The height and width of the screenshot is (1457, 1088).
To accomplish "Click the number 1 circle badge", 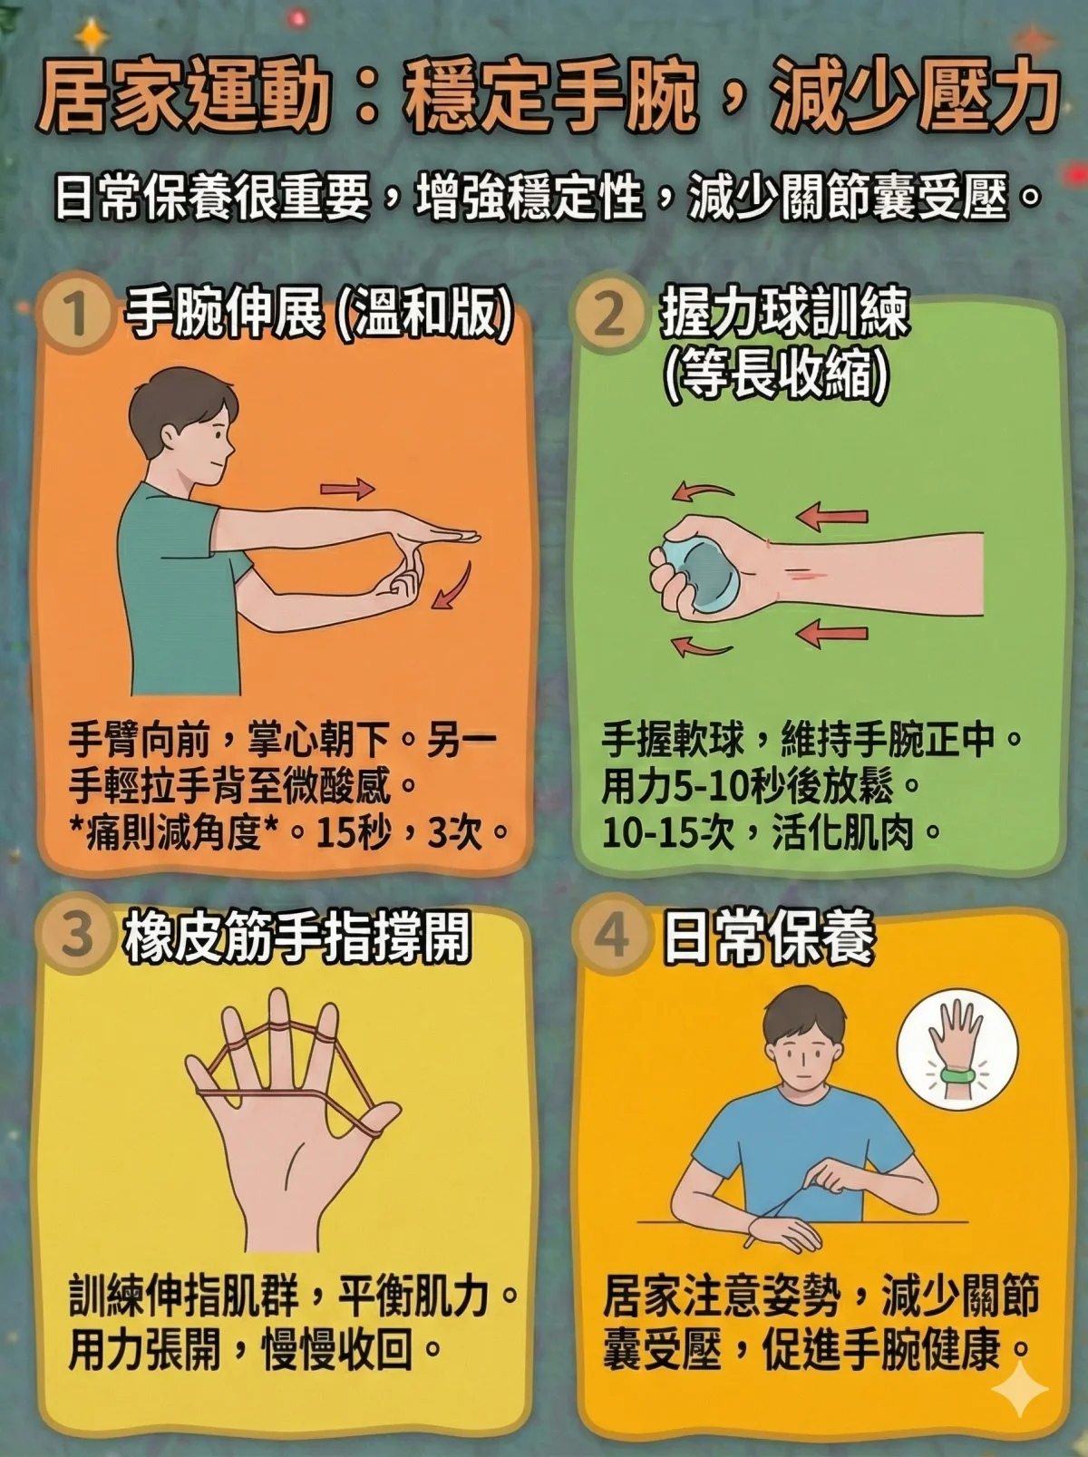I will tap(76, 317).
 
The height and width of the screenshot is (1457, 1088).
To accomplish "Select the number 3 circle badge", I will tap(76, 935).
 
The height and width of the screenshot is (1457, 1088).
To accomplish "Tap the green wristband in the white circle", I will tap(958, 1075).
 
